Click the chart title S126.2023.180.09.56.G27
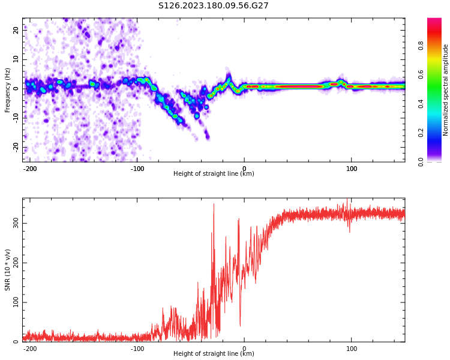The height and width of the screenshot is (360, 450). click(213, 6)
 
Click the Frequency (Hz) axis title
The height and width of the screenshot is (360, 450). click(8, 90)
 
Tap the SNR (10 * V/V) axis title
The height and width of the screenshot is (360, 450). click(8, 270)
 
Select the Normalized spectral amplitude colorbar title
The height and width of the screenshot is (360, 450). click(446, 90)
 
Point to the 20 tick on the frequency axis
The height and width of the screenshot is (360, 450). click(16, 29)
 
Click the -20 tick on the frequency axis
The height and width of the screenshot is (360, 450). click(15, 146)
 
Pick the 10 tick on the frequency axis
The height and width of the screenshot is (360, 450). click(16, 59)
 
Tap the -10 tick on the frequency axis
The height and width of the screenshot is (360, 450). click(15, 118)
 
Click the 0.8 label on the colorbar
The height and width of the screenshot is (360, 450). click(421, 44)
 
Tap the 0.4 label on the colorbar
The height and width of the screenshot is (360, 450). click(421, 103)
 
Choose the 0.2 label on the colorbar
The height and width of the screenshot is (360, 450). click(421, 133)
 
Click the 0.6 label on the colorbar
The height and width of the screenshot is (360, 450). click(421, 74)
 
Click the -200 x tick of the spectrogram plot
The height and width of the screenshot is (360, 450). click(30, 169)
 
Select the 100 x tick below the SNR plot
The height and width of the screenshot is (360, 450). click(352, 349)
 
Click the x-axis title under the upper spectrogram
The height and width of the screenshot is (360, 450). click(214, 174)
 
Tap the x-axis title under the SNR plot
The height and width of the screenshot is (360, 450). click(214, 354)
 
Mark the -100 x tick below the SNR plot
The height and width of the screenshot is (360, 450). click(137, 349)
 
